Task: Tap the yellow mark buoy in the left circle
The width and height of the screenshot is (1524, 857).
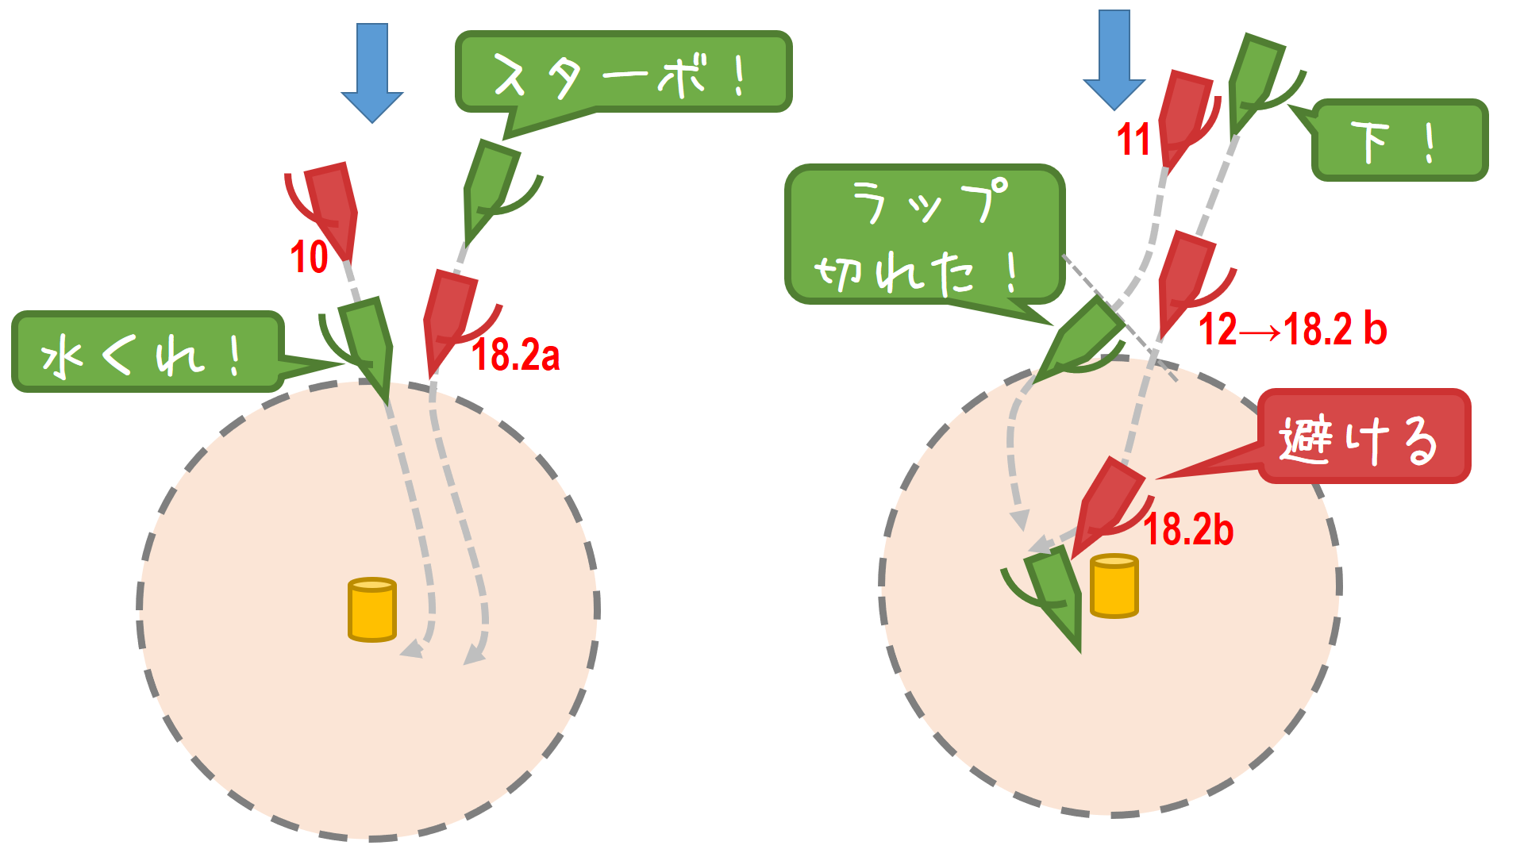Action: point(371,609)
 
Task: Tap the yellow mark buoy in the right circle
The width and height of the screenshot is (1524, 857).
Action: point(1114,586)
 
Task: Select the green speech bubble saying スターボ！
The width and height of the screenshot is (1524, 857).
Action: point(623,72)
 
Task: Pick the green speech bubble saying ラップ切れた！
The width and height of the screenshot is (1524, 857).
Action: point(925,234)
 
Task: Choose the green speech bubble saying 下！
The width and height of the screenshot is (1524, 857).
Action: point(1399,141)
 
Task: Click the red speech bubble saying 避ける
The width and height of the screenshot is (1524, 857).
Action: point(1364,436)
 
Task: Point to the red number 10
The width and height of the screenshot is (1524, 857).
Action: point(309,257)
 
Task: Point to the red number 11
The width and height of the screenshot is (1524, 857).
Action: point(1133,140)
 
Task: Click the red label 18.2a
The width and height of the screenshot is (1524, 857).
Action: point(516,355)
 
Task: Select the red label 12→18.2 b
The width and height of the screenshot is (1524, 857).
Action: point(1292,329)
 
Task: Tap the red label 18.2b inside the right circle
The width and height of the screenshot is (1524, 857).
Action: point(1188,529)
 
